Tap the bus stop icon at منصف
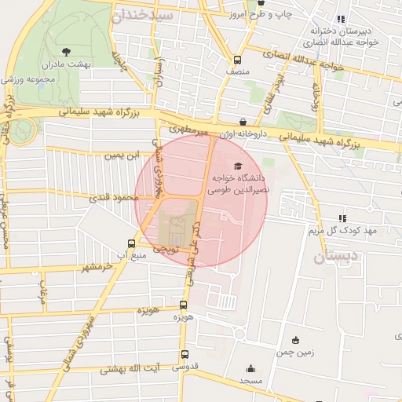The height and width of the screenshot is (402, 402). click(237, 60)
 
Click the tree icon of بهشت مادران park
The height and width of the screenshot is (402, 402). click(64, 51)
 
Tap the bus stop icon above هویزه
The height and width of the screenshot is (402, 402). click(183, 305)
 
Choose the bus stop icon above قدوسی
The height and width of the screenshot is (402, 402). click(185, 354)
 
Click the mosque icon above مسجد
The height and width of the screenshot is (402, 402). click(250, 368)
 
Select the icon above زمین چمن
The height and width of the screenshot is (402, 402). click(295, 340)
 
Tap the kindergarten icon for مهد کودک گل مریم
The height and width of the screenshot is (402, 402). click(342, 217)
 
